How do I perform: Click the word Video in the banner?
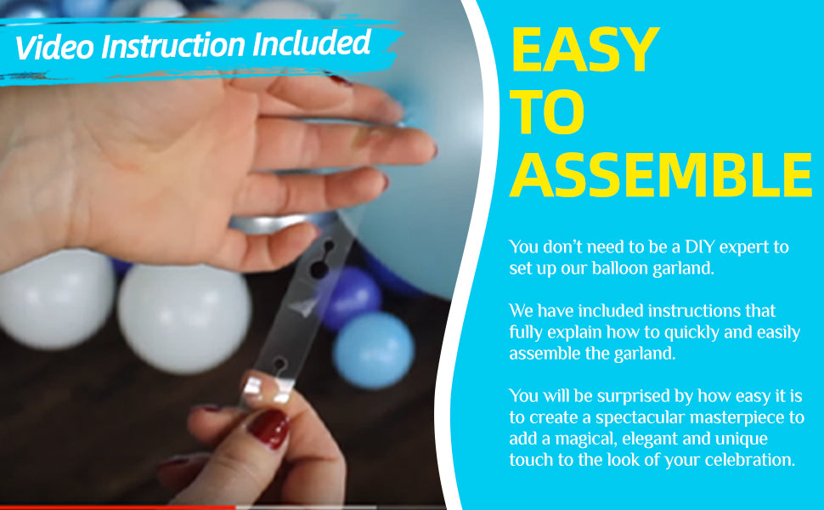[x=55, y=46]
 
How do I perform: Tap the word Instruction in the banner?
[x=173, y=45]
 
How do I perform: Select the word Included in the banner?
[x=312, y=43]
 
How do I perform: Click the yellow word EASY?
[x=585, y=50]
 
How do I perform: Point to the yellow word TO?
[x=547, y=112]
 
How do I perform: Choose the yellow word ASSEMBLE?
[x=661, y=175]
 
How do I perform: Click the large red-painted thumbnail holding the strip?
[x=268, y=428]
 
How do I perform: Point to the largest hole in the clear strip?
[x=319, y=269]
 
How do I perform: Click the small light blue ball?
[x=374, y=350]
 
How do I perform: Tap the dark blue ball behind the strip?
[x=351, y=297]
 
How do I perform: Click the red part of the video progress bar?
[x=118, y=507]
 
